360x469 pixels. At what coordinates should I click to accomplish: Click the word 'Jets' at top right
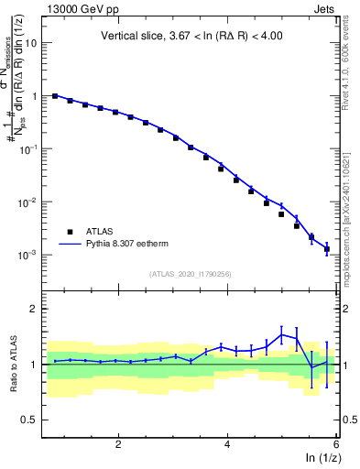[323, 10]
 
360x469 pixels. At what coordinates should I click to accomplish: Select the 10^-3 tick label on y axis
[27, 255]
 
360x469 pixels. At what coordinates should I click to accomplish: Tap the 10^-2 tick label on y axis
[27, 202]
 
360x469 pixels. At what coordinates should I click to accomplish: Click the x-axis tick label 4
[227, 443]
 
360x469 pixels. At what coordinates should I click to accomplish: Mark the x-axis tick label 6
[336, 443]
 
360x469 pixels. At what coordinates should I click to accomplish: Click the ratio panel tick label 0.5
[29, 420]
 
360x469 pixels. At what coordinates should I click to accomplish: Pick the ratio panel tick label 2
[34, 309]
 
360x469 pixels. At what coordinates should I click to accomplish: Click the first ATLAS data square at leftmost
[55, 95]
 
